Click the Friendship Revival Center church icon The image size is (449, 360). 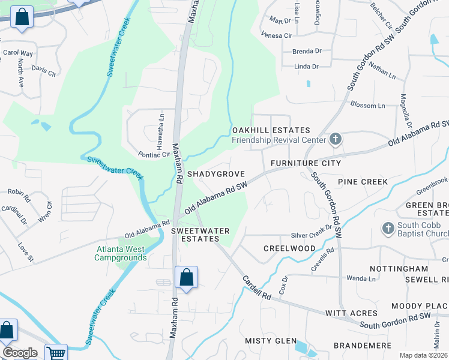tap(336, 140)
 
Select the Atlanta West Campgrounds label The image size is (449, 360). tap(120, 253)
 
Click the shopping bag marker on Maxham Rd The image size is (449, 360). tap(186, 278)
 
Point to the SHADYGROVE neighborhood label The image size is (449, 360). tap(215, 173)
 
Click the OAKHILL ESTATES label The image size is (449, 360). tap(271, 130)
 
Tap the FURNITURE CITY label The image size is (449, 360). tap(306, 163)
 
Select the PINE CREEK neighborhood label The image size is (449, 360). tap(363, 181)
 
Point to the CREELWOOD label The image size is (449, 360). tap(289, 248)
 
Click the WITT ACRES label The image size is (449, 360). tap(351, 313)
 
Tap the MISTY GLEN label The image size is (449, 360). tap(271, 341)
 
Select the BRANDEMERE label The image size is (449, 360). tap(363, 346)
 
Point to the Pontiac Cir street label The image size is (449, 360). tap(154, 154)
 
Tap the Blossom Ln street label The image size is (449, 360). tap(367, 106)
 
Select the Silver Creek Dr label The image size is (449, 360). tap(312, 235)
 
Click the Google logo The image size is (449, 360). tap(20, 352)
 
